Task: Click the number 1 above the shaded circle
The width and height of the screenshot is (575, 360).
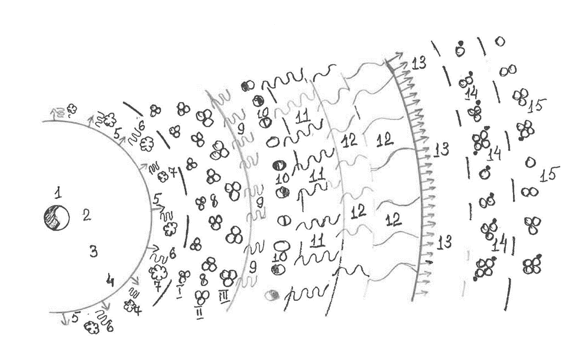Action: coord(57,192)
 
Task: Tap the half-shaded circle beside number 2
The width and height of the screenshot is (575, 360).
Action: coord(57,218)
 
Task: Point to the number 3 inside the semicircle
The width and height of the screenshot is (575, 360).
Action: coord(93,251)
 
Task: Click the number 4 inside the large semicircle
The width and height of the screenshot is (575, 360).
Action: coord(109,280)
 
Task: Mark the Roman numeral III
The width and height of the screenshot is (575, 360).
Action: coord(224,294)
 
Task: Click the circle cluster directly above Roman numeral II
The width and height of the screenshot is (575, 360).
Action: coord(202,296)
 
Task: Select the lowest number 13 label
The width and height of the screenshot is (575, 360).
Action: coord(444,241)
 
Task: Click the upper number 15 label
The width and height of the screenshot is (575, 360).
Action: coord(537,106)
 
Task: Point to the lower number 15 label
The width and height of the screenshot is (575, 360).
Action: coord(549,175)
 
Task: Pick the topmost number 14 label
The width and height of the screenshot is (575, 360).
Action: coord(471,94)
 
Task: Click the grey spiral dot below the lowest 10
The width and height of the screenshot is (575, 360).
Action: coord(272,294)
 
